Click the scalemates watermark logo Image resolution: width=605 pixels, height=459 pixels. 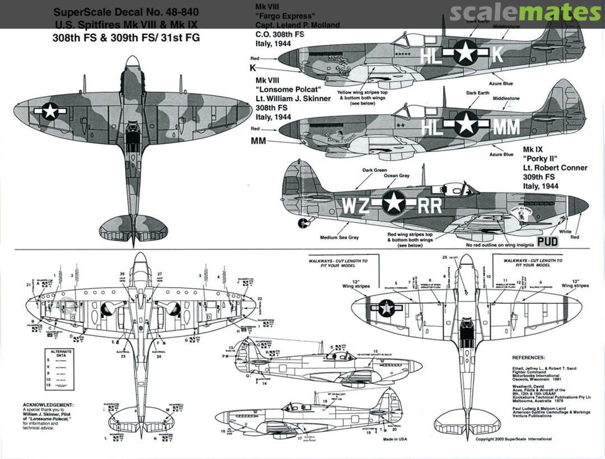[x=525, y=12]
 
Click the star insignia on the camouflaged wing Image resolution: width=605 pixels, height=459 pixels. [x=50, y=111]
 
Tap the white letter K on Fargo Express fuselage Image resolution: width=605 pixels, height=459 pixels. [x=499, y=54]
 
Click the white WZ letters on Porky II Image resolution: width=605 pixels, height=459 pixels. [x=356, y=205]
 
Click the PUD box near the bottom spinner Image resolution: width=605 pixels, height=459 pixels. [x=547, y=242]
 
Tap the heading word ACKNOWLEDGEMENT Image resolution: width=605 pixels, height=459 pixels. [x=48, y=404]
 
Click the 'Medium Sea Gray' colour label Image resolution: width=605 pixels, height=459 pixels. [x=339, y=237]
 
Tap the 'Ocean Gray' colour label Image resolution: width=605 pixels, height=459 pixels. [x=396, y=176]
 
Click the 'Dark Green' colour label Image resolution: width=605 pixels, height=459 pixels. [x=375, y=170]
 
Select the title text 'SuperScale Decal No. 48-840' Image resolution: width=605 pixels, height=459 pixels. [x=126, y=12]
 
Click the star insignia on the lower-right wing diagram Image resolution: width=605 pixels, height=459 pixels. [x=385, y=307]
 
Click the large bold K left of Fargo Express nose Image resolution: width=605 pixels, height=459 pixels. [x=253, y=68]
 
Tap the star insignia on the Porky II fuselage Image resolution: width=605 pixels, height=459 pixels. [x=394, y=203]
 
